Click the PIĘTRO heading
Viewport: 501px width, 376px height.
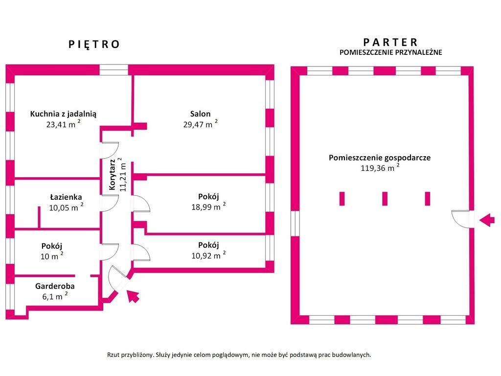click(x=94, y=44)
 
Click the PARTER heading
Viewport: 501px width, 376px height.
click(x=390, y=42)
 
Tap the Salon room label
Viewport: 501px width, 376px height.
click(x=200, y=114)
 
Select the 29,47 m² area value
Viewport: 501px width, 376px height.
click(x=200, y=124)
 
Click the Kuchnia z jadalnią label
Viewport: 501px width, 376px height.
click(x=63, y=114)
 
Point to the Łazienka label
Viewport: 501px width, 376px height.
click(x=66, y=197)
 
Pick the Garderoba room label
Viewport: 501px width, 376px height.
click(x=55, y=286)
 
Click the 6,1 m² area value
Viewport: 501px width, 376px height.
click(x=55, y=296)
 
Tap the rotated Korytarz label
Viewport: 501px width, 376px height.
click(x=112, y=175)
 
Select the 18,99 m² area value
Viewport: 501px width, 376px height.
click(x=208, y=207)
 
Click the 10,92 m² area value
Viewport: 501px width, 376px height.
click(x=208, y=255)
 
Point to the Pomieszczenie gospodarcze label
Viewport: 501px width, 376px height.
click(x=380, y=158)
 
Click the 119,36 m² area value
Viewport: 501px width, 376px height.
click(x=380, y=167)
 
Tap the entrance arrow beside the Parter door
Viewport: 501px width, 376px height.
click(x=487, y=220)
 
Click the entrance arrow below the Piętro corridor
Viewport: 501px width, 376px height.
click(x=133, y=296)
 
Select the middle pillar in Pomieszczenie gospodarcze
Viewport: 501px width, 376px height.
click(x=385, y=199)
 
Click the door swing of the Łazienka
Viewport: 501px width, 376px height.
click(x=110, y=203)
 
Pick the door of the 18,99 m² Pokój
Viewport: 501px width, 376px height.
click(x=141, y=204)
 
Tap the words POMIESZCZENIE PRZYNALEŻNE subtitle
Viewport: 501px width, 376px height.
click(x=391, y=52)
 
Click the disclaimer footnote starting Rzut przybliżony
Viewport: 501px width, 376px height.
click(x=239, y=355)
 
